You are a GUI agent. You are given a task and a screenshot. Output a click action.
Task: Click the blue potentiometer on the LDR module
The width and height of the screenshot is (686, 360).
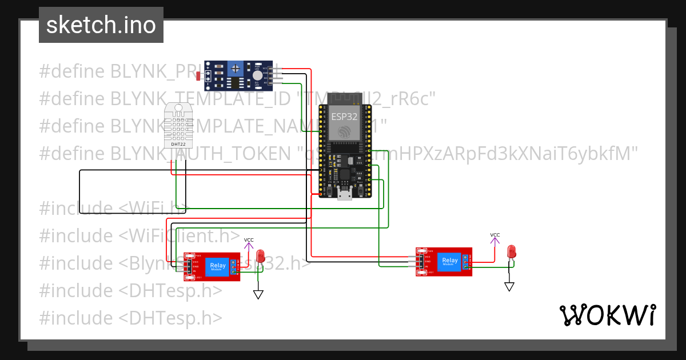click(234, 69)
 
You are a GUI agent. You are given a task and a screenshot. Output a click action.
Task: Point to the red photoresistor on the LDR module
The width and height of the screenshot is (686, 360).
click(198, 75)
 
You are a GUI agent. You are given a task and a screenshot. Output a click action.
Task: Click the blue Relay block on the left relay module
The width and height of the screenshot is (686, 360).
click(217, 266)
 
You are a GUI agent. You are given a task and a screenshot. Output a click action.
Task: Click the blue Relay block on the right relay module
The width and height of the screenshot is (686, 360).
click(450, 262)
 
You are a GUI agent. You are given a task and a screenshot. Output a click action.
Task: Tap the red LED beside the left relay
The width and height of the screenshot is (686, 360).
click(261, 256)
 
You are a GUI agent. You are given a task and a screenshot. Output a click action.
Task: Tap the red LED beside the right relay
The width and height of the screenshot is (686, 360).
click(511, 251)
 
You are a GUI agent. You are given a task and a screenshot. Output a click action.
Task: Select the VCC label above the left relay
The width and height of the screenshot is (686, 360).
click(249, 240)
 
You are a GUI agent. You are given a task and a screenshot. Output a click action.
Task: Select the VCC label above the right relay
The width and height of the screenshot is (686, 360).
click(495, 235)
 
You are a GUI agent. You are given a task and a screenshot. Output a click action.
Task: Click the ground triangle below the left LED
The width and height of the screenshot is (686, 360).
click(258, 294)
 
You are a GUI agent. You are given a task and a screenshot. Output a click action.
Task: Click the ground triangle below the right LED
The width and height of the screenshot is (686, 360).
click(509, 287)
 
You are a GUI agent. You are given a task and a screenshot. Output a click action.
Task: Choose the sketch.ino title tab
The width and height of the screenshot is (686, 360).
click(101, 25)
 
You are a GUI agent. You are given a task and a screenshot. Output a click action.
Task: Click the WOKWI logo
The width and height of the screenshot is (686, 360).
click(607, 315)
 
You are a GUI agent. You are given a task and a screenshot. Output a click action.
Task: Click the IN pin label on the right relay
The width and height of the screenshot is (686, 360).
click(426, 266)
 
